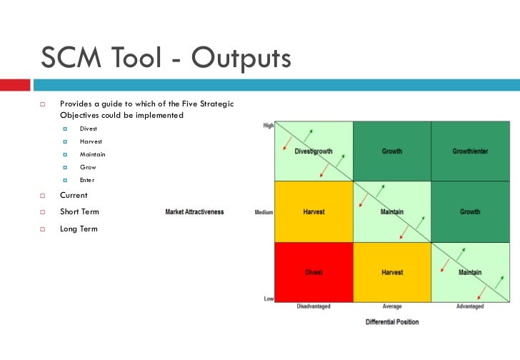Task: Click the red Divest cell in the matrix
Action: [313, 272]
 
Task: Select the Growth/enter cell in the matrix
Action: [470, 151]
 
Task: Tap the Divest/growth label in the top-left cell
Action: [313, 151]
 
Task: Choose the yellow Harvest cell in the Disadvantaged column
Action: [313, 212]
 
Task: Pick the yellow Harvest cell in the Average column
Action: [391, 272]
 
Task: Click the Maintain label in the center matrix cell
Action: [391, 212]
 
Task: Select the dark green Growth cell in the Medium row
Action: [470, 212]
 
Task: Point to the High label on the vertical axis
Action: [268, 126]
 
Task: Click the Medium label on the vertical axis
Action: [264, 212]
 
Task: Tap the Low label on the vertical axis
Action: [269, 299]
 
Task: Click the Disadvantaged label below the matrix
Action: [313, 306]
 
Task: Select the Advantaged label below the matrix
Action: [470, 306]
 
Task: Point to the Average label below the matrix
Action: [391, 306]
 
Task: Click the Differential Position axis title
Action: [392, 322]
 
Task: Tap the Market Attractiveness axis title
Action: [194, 212]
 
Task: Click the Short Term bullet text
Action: [79, 212]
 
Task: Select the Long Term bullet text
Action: [79, 229]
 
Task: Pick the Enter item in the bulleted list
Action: [86, 180]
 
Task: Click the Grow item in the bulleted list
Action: [87, 167]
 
